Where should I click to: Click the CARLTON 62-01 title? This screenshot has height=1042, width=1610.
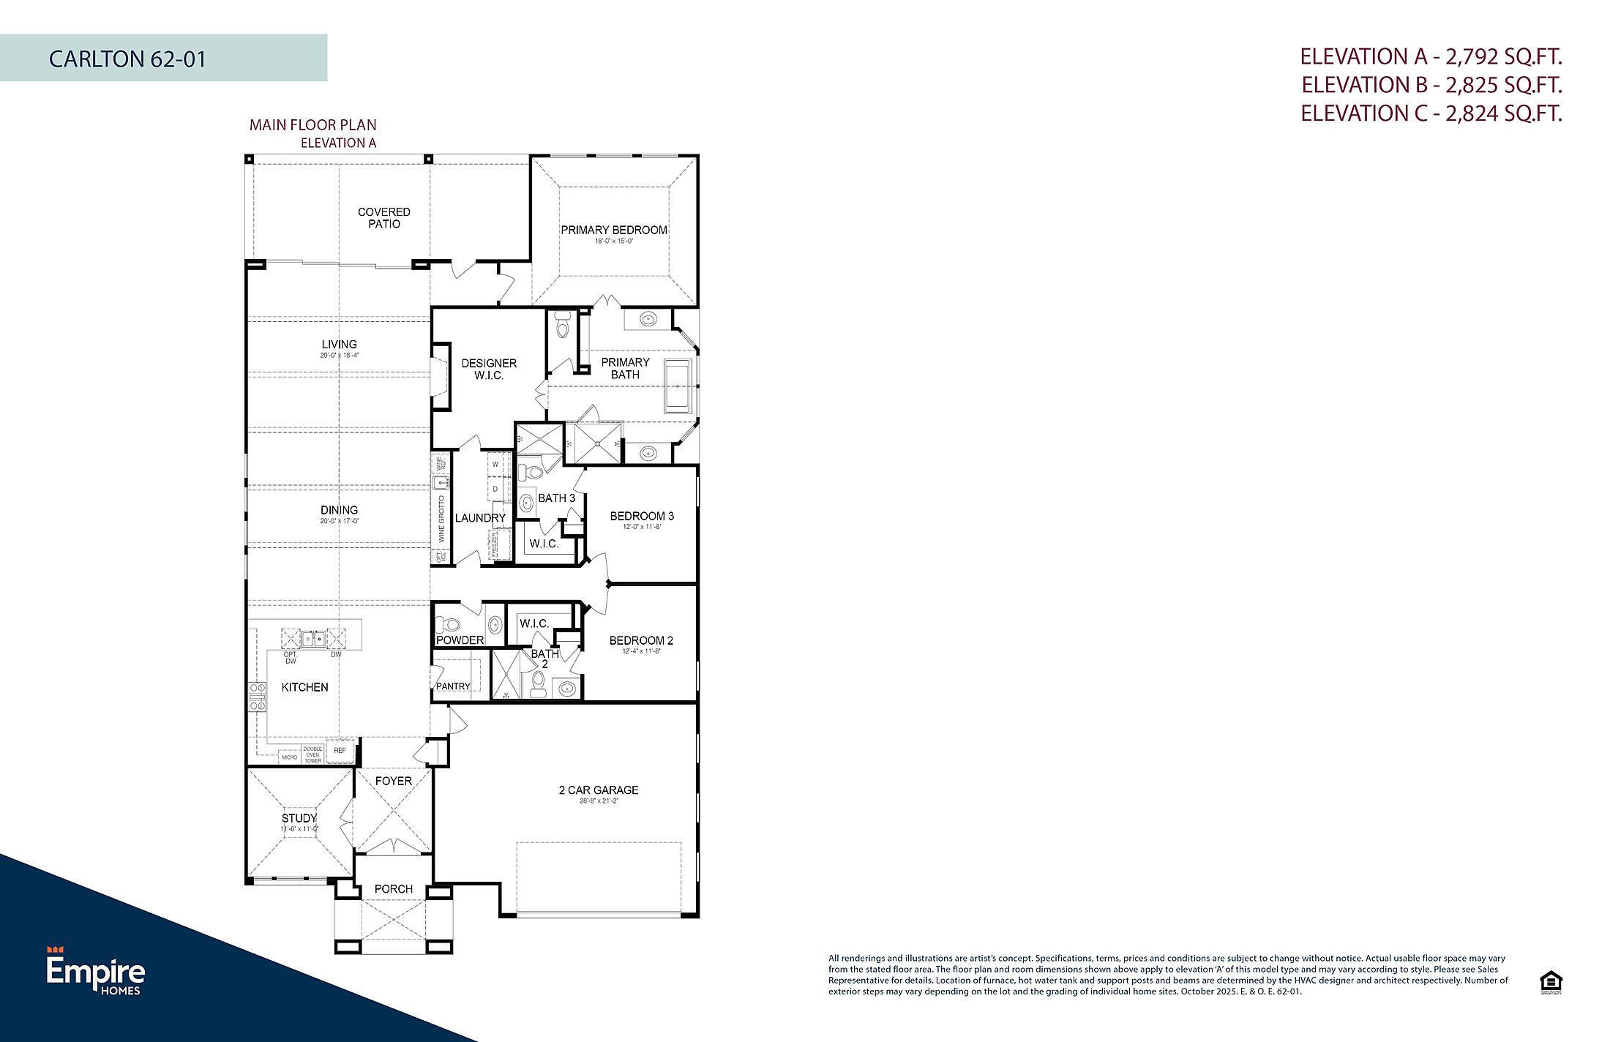tap(127, 59)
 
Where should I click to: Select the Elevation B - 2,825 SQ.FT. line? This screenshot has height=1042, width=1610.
tap(1431, 85)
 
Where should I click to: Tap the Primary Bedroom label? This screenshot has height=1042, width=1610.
tap(613, 230)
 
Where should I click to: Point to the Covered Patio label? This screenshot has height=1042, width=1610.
tap(383, 218)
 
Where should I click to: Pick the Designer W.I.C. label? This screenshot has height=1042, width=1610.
tap(489, 370)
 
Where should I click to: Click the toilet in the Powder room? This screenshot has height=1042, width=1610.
tap(447, 626)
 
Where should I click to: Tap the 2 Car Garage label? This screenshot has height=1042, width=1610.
tap(598, 790)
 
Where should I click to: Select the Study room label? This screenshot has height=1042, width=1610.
tap(299, 818)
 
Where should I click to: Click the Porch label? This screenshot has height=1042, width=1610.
tap(393, 889)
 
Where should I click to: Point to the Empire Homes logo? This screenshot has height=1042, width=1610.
tap(95, 970)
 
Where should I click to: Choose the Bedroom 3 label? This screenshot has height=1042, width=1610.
tap(642, 517)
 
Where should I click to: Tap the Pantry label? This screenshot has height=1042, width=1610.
tap(452, 686)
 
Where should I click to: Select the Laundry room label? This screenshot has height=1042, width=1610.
tap(480, 518)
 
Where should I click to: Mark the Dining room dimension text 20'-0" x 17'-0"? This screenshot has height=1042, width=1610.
tap(339, 522)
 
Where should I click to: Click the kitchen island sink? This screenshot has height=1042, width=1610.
tap(315, 639)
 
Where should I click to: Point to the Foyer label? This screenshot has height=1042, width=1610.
tap(393, 781)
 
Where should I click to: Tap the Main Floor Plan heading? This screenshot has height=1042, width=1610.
tap(312, 125)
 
